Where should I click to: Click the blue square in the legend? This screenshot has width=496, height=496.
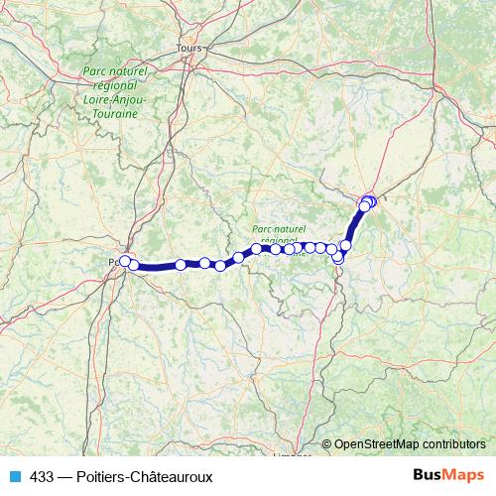[14, 477]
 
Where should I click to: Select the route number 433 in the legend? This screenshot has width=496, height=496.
[42, 477]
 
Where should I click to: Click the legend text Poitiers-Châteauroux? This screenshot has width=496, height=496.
[148, 477]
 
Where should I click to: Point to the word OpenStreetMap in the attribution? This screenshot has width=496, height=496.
[376, 444]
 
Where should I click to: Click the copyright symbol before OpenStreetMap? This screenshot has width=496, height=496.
[326, 444]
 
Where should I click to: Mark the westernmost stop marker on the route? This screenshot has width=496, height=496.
[125, 261]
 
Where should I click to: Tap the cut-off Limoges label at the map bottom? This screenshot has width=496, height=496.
[292, 457]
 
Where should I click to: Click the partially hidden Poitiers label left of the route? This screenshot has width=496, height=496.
[112, 262]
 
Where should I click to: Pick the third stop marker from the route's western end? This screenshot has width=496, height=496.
[181, 265]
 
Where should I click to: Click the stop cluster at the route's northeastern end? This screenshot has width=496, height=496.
[367, 203]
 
